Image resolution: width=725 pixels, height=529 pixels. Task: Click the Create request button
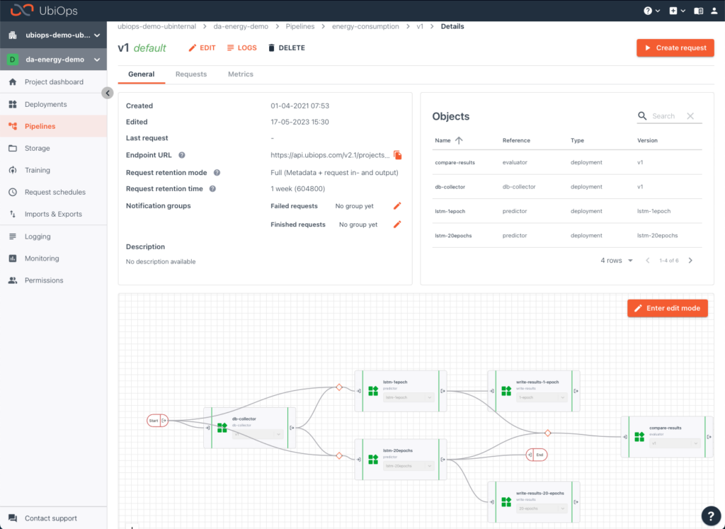pyautogui.click(x=675, y=47)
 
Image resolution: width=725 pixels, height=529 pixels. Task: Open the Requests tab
pyautogui.click(x=191, y=74)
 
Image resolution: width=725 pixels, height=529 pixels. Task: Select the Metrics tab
pyautogui.click(x=240, y=74)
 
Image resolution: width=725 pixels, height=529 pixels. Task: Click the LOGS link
pyautogui.click(x=241, y=48)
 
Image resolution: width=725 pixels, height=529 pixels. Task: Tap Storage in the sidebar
pyautogui.click(x=37, y=149)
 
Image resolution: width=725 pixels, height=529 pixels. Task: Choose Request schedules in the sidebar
pyautogui.click(x=55, y=193)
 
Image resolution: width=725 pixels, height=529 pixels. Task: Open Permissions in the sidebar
pyautogui.click(x=44, y=280)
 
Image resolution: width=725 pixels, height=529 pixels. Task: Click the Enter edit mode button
pyautogui.click(x=667, y=308)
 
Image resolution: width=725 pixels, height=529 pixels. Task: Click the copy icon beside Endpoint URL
pyautogui.click(x=398, y=155)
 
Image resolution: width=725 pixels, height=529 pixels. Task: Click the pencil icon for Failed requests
pyautogui.click(x=397, y=206)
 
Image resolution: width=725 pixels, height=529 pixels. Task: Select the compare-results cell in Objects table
pyautogui.click(x=455, y=163)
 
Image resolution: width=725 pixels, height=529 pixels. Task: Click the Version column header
pyautogui.click(x=647, y=141)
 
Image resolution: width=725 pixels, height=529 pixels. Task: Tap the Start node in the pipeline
pyautogui.click(x=154, y=421)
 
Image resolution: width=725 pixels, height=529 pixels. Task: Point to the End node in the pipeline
pyautogui.click(x=540, y=455)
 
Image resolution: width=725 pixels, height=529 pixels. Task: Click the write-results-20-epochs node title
pyautogui.click(x=540, y=493)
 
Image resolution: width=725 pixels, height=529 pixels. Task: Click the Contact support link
pyautogui.click(x=50, y=518)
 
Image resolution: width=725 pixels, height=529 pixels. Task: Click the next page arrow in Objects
pyautogui.click(x=690, y=261)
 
